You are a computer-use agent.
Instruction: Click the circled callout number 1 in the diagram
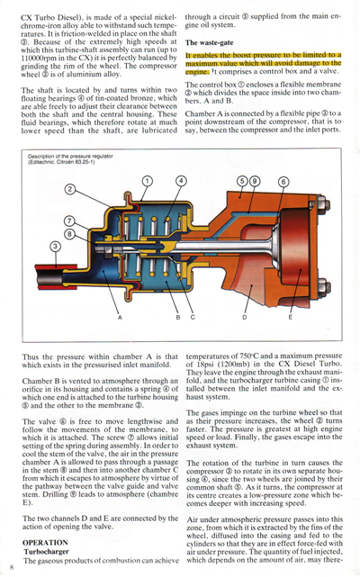[147, 181]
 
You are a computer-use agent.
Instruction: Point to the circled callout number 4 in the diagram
[181, 181]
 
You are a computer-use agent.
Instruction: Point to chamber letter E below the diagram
[290, 317]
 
